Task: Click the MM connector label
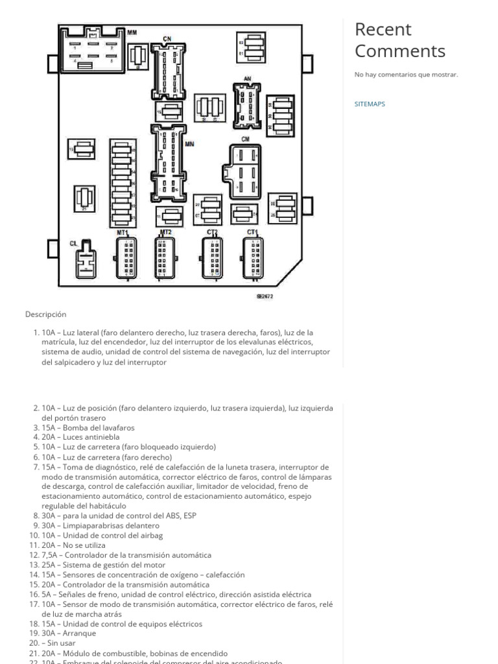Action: (x=132, y=32)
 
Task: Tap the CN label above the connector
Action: (x=167, y=39)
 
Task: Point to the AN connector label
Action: (x=247, y=79)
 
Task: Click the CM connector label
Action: (x=245, y=139)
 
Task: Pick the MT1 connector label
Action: (x=123, y=232)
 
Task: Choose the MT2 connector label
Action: (x=165, y=231)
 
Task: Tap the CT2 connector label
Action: (x=212, y=232)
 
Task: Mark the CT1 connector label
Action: (x=252, y=231)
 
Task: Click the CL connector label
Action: (x=73, y=243)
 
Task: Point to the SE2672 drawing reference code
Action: (x=265, y=296)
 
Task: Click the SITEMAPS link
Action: (x=370, y=104)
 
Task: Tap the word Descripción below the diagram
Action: (x=46, y=314)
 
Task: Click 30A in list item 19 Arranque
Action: (x=50, y=633)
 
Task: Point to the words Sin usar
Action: (x=62, y=643)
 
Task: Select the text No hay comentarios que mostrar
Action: (x=406, y=75)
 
